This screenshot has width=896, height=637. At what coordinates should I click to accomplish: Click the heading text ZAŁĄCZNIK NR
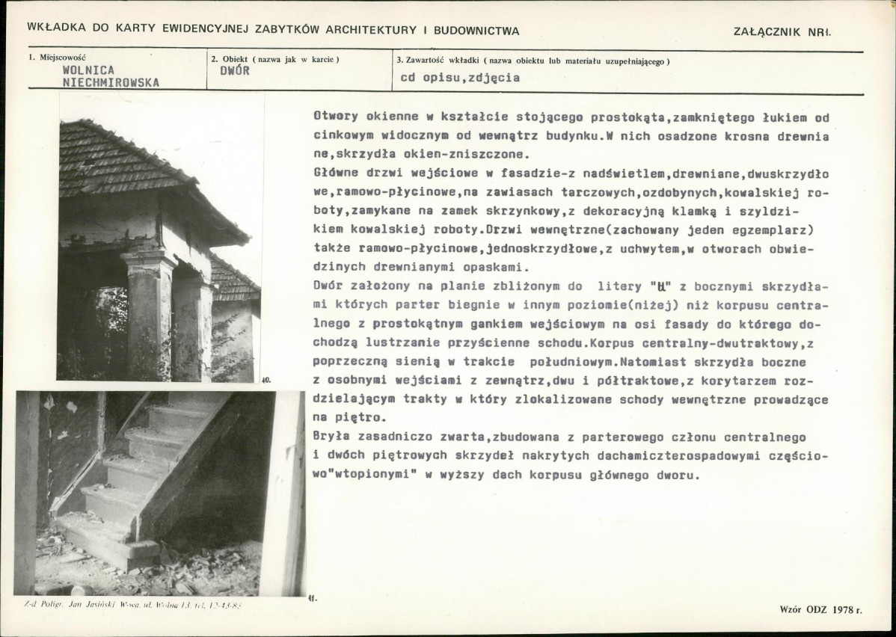[783, 31]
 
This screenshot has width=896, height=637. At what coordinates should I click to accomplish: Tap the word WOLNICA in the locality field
[89, 70]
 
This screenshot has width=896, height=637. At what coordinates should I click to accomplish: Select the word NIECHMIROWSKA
[111, 83]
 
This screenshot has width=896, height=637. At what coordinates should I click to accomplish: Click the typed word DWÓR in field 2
[235, 71]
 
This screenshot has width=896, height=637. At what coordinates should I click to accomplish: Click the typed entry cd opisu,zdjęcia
[460, 77]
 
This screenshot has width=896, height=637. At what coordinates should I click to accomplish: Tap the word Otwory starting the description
[335, 118]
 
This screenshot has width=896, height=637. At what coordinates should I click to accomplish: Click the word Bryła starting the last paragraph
[332, 437]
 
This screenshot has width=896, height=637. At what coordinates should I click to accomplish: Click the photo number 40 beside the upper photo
[266, 380]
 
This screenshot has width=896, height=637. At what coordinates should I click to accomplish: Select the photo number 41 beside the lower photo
[311, 597]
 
